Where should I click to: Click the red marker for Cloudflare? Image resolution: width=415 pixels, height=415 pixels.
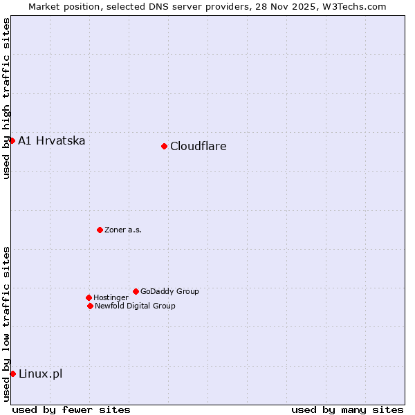pos(164,146)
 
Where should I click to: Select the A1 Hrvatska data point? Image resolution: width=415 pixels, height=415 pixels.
pos(12,140)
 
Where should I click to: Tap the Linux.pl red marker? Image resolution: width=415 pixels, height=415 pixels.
pos(12,373)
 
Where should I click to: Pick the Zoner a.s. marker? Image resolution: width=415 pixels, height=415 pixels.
pos(100,230)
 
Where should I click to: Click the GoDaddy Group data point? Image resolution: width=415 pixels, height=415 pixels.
pos(136,291)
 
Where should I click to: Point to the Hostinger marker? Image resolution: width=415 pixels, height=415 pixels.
pos(89,297)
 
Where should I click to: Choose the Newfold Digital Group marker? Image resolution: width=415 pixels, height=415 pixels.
pos(90,306)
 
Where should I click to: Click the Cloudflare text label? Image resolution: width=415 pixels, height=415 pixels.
pos(198,146)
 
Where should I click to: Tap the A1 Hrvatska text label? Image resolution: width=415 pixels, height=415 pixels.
pos(52,141)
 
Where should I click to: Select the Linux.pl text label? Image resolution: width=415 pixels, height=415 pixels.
pos(40,374)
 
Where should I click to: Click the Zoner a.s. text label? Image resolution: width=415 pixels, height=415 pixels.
pos(123,230)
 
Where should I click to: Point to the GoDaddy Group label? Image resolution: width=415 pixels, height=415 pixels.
pos(169,291)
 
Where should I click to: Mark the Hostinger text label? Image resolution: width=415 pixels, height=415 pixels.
pos(111,297)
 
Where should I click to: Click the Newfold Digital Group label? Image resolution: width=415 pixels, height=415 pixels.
pos(135,306)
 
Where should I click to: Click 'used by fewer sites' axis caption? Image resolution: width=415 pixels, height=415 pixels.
pos(71,409)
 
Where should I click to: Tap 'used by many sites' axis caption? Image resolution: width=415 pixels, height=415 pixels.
pos(347,409)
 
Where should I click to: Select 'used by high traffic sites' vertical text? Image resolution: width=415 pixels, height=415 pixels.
pos(6,98)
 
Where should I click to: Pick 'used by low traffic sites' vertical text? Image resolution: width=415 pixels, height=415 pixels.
pos(6,324)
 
